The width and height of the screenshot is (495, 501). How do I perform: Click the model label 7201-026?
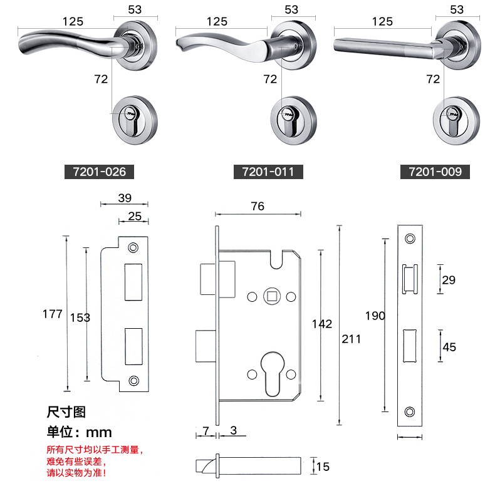click(99, 172)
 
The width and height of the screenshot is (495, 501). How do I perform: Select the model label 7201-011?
click(268, 172)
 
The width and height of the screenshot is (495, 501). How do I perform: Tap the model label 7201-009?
click(435, 172)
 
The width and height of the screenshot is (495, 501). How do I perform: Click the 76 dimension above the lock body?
click(258, 206)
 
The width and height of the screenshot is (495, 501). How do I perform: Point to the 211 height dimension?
click(351, 339)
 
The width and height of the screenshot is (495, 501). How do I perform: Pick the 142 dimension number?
click(322, 324)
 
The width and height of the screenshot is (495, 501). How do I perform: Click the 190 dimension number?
click(375, 316)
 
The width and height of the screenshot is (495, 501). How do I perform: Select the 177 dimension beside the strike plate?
click(53, 314)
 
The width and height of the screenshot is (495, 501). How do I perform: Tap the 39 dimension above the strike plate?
click(125, 198)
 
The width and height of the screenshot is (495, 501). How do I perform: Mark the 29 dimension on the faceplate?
click(449, 280)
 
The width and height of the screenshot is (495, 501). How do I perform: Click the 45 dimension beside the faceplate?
click(449, 347)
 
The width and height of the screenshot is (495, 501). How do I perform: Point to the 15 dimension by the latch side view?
click(323, 467)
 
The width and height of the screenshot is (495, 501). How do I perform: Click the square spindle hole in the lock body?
click(272, 296)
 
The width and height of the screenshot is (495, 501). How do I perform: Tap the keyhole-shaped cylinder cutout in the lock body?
click(273, 374)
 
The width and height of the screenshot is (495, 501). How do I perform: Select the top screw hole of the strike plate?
click(133, 247)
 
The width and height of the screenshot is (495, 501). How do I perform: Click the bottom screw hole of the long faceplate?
click(410, 411)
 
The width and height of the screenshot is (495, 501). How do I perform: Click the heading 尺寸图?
click(66, 412)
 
